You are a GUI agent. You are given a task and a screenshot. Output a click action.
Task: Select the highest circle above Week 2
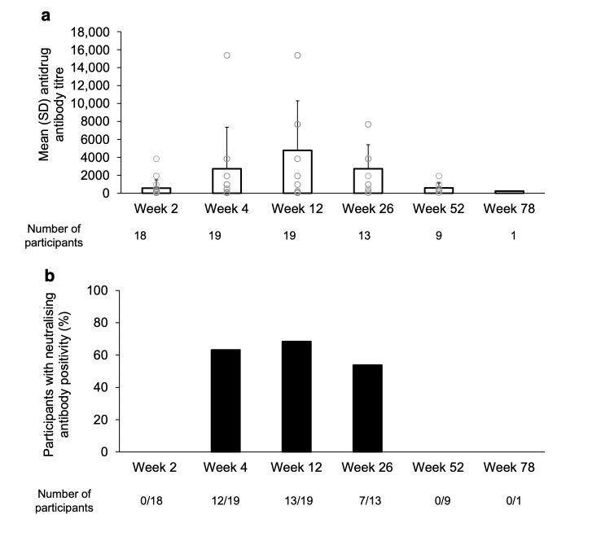(x=156, y=159)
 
